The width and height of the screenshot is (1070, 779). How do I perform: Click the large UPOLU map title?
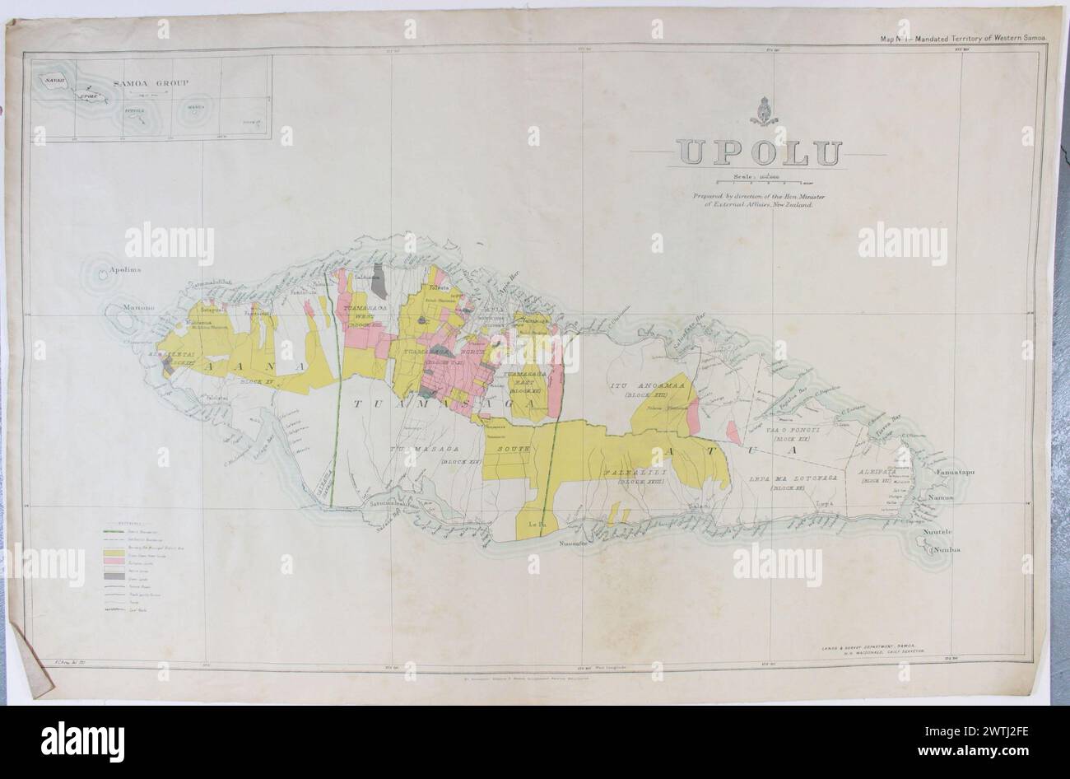click(x=760, y=153)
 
